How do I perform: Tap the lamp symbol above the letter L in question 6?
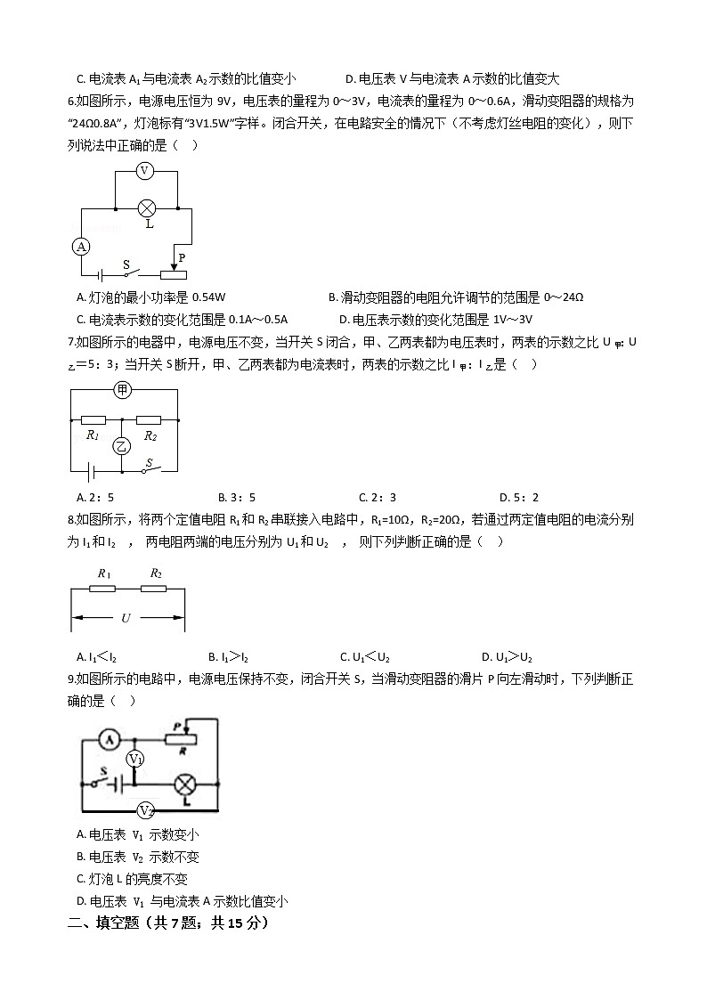coord(148,209)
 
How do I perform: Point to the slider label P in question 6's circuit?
coord(182,257)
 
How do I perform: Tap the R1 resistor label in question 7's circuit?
coord(92,435)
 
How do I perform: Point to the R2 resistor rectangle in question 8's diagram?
coord(156,589)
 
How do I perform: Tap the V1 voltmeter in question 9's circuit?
coord(134,759)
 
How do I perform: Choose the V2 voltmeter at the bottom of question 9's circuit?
coord(146,810)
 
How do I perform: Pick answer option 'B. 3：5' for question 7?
coord(236,497)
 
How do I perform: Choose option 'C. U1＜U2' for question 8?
coord(365,657)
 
